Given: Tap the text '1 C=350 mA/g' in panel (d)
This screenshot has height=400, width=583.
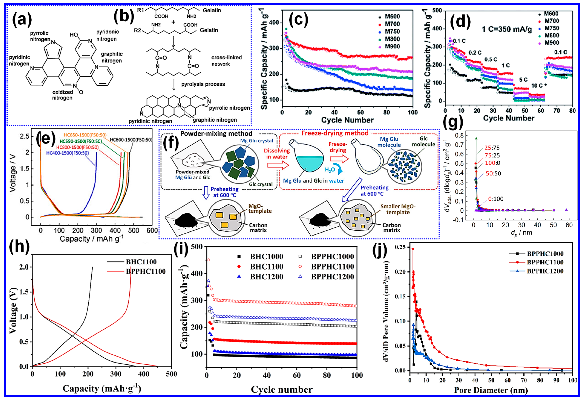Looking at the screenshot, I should pos(506,29).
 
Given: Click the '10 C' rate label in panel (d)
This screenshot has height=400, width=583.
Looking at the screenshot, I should pos(537,86).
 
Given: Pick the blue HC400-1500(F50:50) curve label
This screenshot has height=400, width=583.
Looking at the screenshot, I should pos(67,153).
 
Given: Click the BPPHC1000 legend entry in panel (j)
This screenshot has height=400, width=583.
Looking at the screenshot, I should pos(545,254).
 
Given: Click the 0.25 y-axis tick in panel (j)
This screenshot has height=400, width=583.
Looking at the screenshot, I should pos(401,247).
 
